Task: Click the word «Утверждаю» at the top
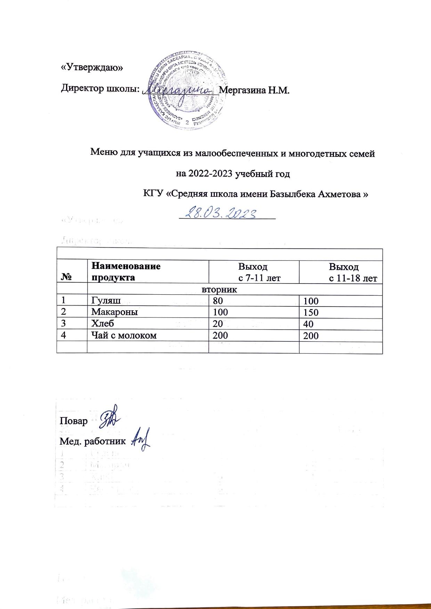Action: tap(92, 68)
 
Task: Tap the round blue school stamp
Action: tap(188, 92)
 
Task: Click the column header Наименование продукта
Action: tap(125, 272)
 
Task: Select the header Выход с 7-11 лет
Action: tap(253, 272)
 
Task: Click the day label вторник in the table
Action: tap(219, 290)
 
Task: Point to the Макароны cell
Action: tap(114, 312)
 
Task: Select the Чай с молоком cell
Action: tap(124, 335)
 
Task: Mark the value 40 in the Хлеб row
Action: tap(308, 324)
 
